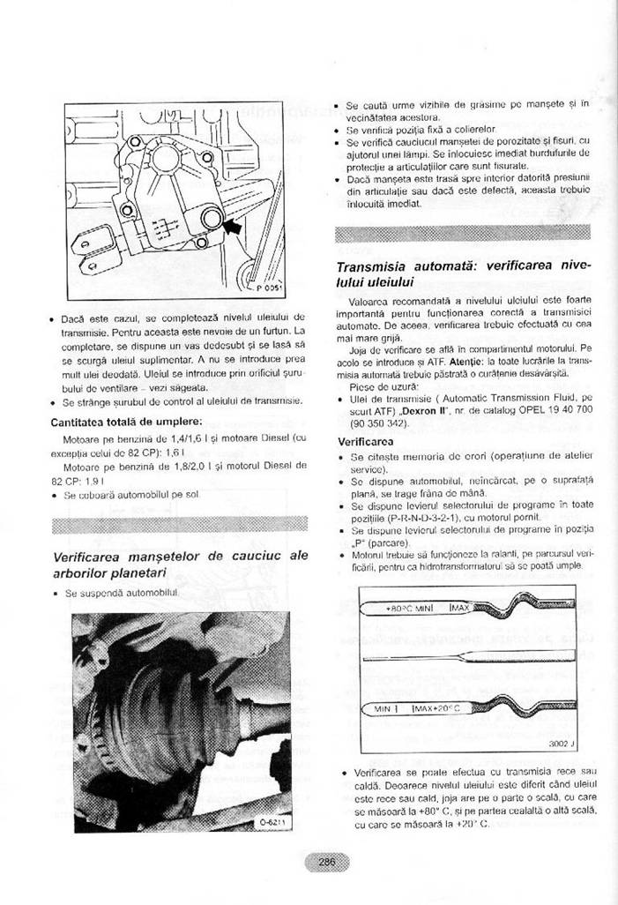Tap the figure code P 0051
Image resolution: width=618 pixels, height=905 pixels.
coord(269,288)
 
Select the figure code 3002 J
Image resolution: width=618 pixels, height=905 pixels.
coord(562,744)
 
